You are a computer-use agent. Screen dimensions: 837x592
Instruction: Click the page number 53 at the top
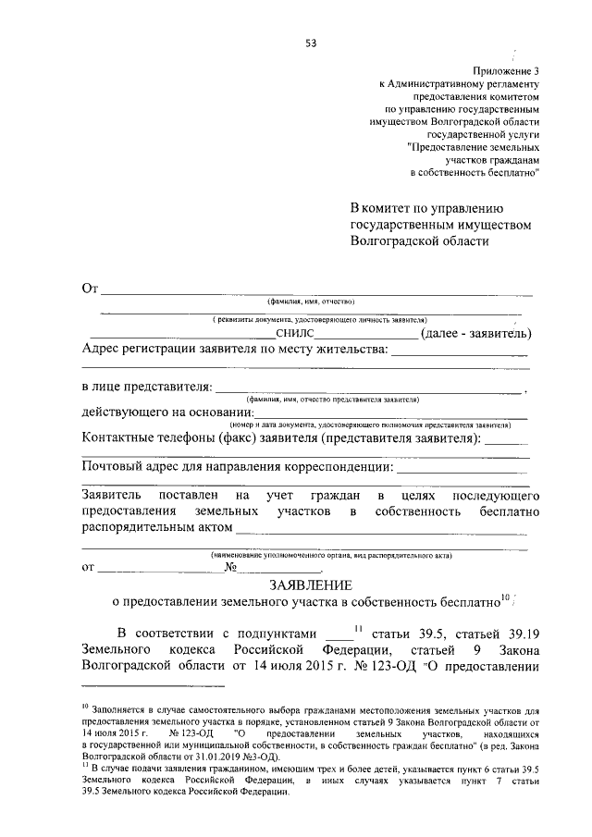click(x=311, y=43)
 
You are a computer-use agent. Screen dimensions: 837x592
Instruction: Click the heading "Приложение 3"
click(x=505, y=69)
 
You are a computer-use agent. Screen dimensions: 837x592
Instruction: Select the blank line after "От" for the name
click(x=314, y=292)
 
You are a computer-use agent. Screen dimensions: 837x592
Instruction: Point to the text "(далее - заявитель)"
click(x=475, y=333)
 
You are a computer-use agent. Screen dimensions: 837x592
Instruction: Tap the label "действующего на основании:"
click(x=167, y=412)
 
